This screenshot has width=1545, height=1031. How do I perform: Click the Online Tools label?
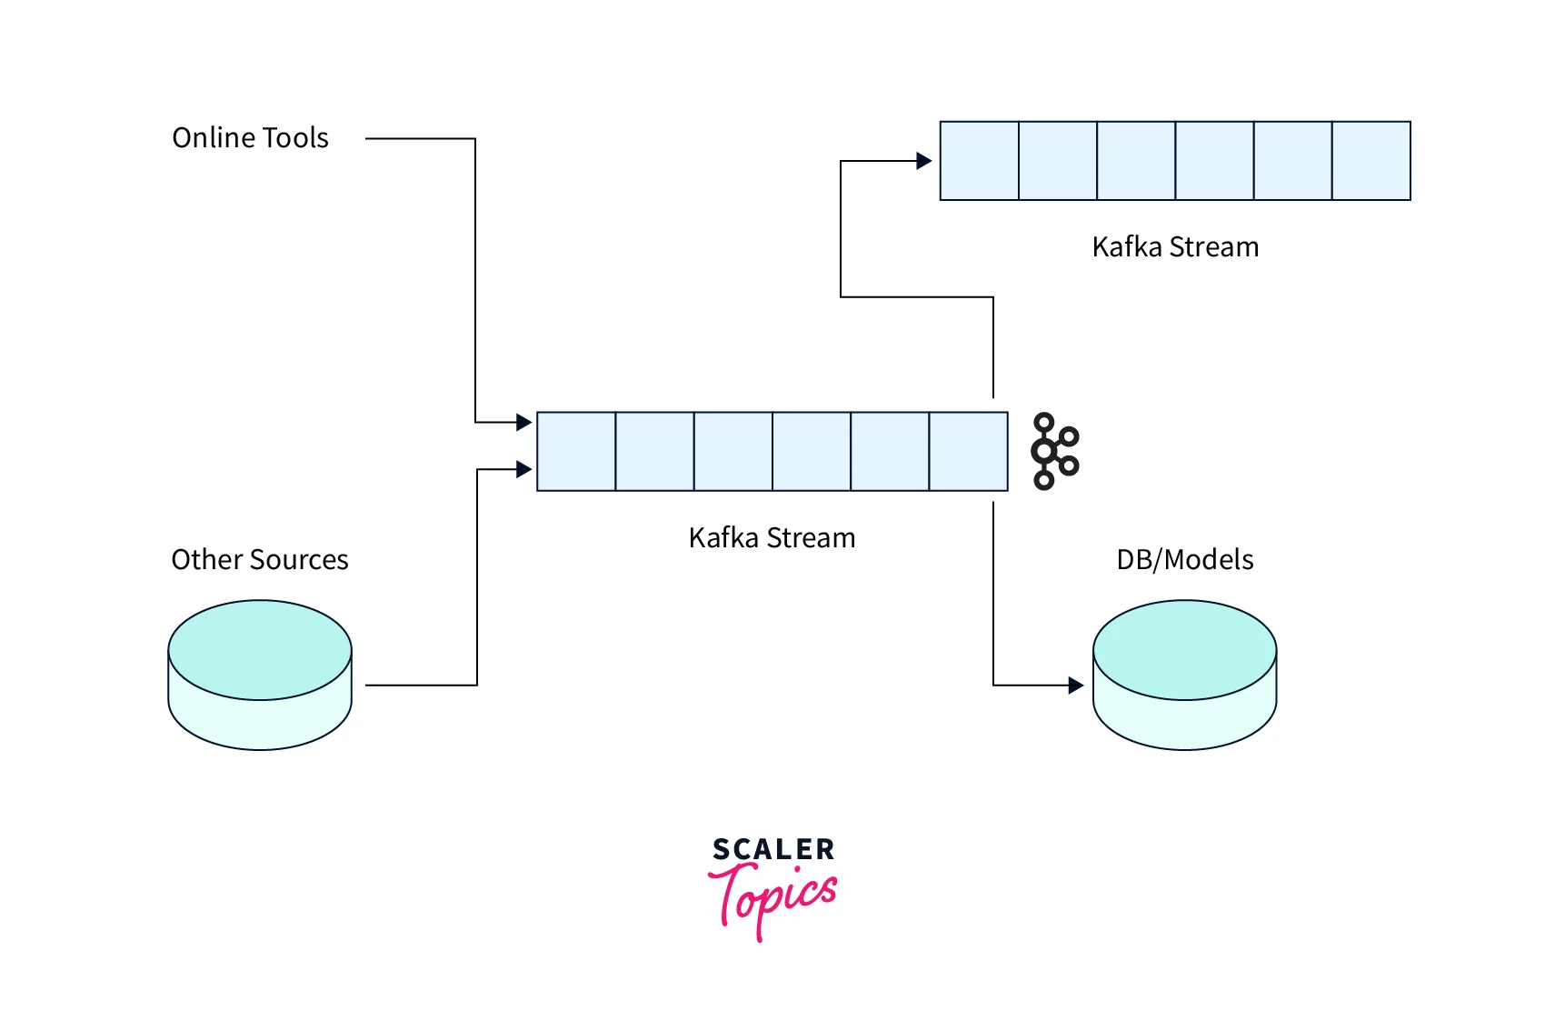point(250,138)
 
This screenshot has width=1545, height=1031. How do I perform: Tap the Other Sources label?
point(260,560)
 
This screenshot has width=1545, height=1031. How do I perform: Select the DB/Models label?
point(1184,560)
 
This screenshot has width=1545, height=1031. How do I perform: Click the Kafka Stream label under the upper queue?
point(1175,247)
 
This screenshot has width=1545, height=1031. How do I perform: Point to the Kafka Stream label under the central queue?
point(772,538)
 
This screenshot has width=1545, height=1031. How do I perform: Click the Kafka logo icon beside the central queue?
point(1054,452)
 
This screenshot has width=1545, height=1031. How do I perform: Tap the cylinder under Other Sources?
point(260,675)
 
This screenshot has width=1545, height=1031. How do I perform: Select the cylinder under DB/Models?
point(1184,675)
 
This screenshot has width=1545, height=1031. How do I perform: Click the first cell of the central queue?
point(576,452)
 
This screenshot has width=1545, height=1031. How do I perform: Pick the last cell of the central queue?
point(968,452)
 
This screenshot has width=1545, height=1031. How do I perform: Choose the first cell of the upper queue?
point(979,161)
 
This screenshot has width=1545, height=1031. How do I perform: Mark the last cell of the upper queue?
point(1371,161)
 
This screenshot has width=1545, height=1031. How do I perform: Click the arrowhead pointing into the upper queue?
point(924,161)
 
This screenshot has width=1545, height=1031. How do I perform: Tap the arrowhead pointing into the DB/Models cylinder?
point(1076,686)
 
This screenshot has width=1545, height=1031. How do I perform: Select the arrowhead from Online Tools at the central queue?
point(523,422)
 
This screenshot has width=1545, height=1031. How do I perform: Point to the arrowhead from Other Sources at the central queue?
point(523,469)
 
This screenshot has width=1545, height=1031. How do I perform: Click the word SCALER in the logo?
point(773,850)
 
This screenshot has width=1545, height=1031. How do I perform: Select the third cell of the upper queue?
point(1136,161)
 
